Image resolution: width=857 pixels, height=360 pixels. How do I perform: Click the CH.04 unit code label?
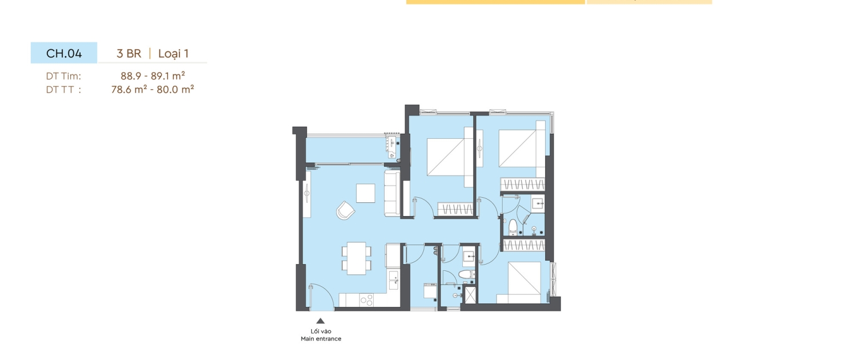tap(64, 53)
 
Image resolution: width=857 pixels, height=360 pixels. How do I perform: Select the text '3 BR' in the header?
tap(129, 54)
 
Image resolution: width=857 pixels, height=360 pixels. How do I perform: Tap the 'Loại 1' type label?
tap(173, 54)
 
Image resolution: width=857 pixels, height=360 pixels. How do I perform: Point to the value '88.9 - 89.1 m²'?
tap(153, 76)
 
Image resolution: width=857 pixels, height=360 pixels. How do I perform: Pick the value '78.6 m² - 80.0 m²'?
tap(153, 89)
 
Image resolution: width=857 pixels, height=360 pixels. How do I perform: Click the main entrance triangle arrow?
tap(321, 321)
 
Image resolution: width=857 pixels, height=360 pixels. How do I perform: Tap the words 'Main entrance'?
tap(321, 339)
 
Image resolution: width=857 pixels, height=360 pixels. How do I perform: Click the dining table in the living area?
tap(356, 258)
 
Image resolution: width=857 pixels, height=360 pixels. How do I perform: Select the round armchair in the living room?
tap(345, 210)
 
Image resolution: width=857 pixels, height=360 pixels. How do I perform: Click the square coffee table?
tap(366, 193)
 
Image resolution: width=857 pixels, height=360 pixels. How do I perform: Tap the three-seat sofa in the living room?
tap(392, 193)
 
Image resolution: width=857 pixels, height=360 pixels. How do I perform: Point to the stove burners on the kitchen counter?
tap(367, 300)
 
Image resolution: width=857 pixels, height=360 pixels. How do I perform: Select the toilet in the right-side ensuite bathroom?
tap(513, 227)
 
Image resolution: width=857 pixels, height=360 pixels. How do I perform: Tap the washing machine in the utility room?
tap(430, 291)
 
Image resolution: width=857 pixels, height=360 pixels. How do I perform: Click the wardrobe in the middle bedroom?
tap(455, 209)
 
